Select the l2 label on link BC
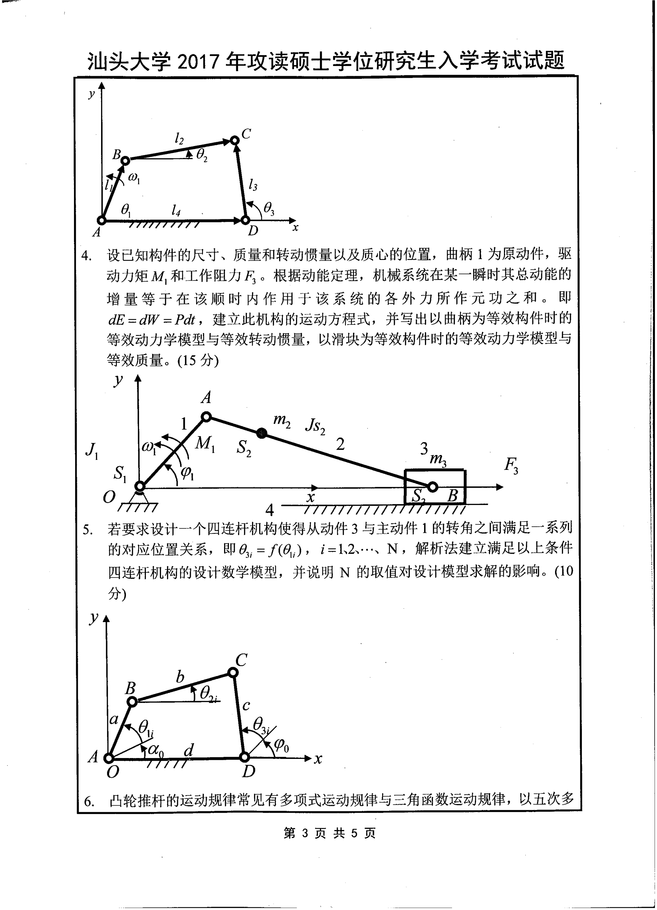click(x=179, y=139)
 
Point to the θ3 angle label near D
click(x=269, y=208)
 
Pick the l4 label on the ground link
click(x=176, y=210)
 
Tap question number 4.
click(x=86, y=255)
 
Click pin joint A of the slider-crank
click(x=206, y=417)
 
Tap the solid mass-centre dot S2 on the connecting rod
click(x=262, y=432)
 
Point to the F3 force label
click(x=511, y=465)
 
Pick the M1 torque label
click(x=205, y=444)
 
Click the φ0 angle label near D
click(x=281, y=746)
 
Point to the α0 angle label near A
click(x=155, y=749)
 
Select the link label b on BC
click(x=180, y=677)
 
